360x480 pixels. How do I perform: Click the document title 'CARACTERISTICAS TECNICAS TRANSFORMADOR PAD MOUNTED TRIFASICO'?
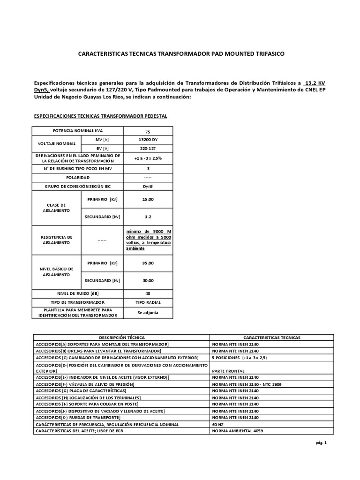click(x=180, y=54)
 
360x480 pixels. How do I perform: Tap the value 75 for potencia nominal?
click(x=148, y=131)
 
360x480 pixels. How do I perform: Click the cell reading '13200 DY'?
click(x=148, y=140)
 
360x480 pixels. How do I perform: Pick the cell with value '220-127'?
click(x=148, y=148)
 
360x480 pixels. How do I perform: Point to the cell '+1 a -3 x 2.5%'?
click(x=148, y=158)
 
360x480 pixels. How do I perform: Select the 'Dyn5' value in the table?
click(x=148, y=187)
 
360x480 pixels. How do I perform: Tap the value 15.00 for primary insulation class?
click(x=148, y=199)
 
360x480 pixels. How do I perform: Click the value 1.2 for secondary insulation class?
click(x=148, y=217)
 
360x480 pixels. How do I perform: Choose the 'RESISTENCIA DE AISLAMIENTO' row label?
click(x=56, y=240)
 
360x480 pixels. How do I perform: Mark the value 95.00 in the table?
click(x=148, y=263)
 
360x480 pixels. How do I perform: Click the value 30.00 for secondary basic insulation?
click(x=148, y=280)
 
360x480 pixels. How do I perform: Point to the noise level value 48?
click(x=148, y=293)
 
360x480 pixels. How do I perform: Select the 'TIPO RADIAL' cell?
click(x=148, y=302)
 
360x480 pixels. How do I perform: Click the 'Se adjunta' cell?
click(x=148, y=312)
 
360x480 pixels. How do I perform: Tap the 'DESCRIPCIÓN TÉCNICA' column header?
click(x=121, y=337)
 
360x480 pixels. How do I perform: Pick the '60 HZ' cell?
click(x=218, y=424)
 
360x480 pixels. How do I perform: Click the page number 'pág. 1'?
click(x=320, y=442)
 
